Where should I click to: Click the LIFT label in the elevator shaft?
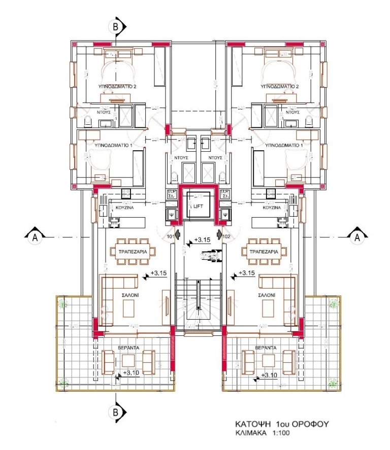[198, 207]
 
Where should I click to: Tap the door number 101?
[171, 236]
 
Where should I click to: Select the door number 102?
[226, 236]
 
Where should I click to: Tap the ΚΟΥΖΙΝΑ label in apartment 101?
[124, 209]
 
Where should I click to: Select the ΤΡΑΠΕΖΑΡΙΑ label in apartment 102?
[265, 252]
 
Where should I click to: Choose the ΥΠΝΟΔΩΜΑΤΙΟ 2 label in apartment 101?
[117, 87]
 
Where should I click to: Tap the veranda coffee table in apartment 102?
[269, 361]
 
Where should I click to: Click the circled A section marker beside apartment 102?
[356, 236]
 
